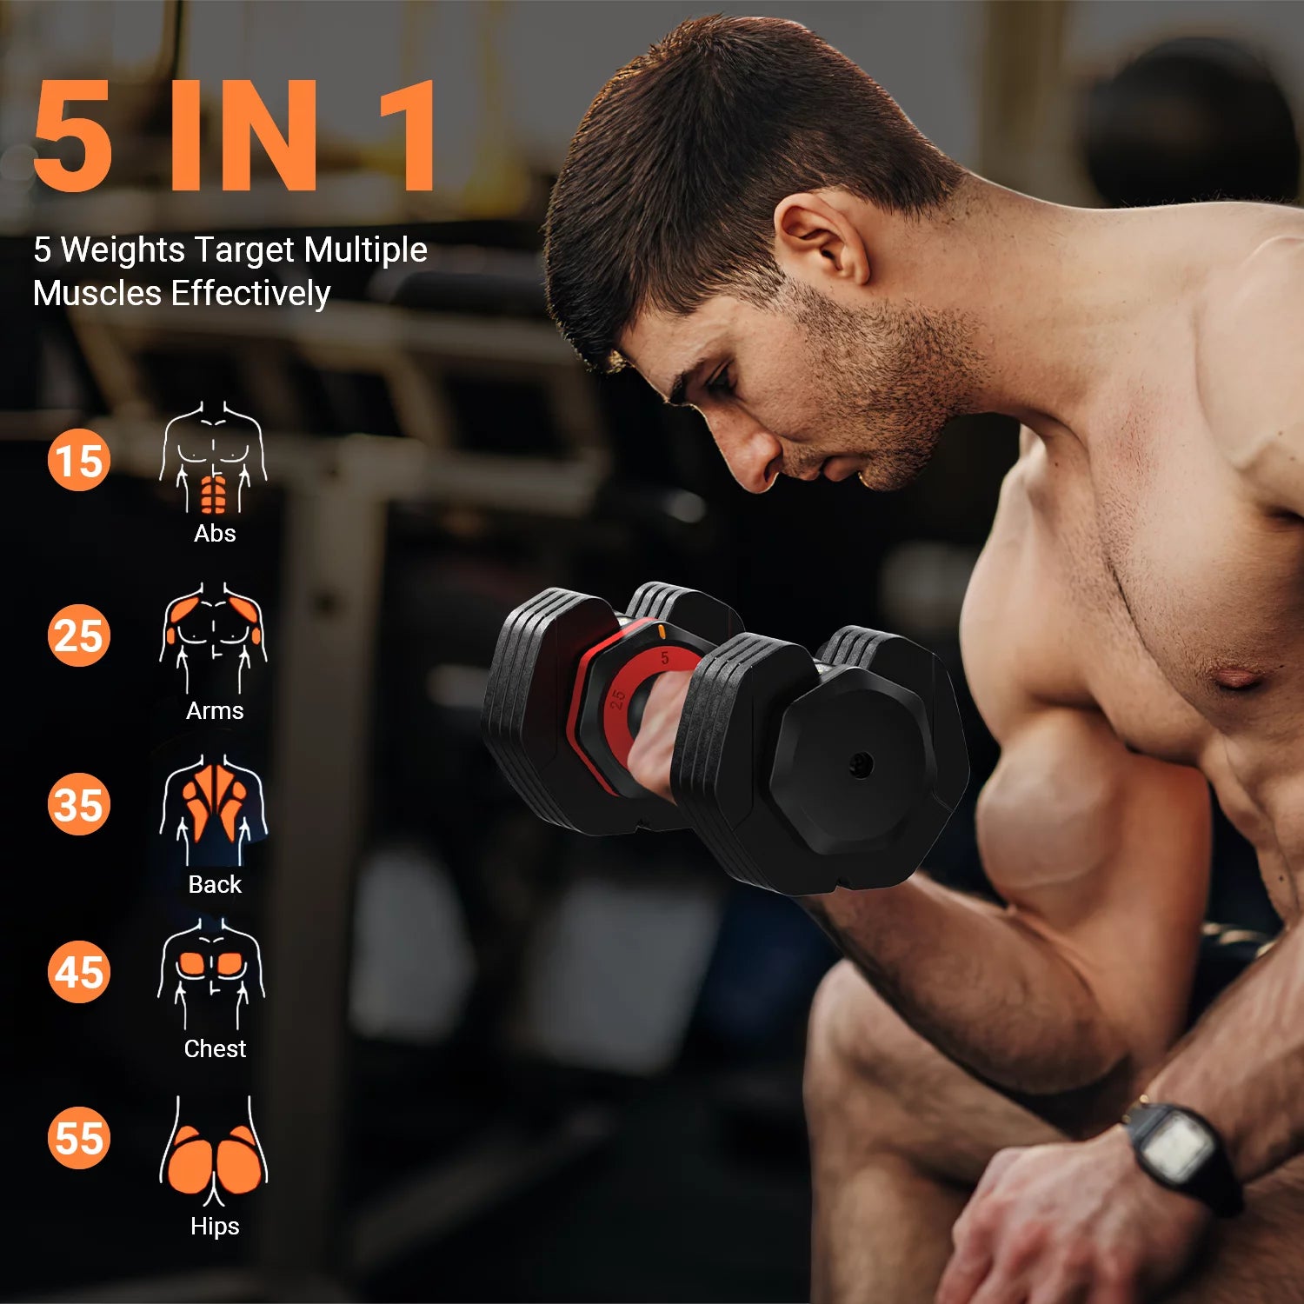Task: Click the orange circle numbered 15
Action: (x=79, y=460)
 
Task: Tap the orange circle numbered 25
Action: (x=79, y=635)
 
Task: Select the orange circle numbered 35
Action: (x=79, y=804)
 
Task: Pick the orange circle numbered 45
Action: (x=79, y=972)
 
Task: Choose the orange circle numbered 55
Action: (x=79, y=1138)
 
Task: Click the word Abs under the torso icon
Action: (x=215, y=533)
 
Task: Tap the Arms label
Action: (x=215, y=710)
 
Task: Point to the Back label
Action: (x=215, y=884)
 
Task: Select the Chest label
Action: (x=215, y=1048)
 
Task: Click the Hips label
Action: (x=215, y=1226)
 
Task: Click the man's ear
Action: (x=822, y=239)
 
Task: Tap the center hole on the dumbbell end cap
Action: (x=861, y=765)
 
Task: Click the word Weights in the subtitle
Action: (x=123, y=250)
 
